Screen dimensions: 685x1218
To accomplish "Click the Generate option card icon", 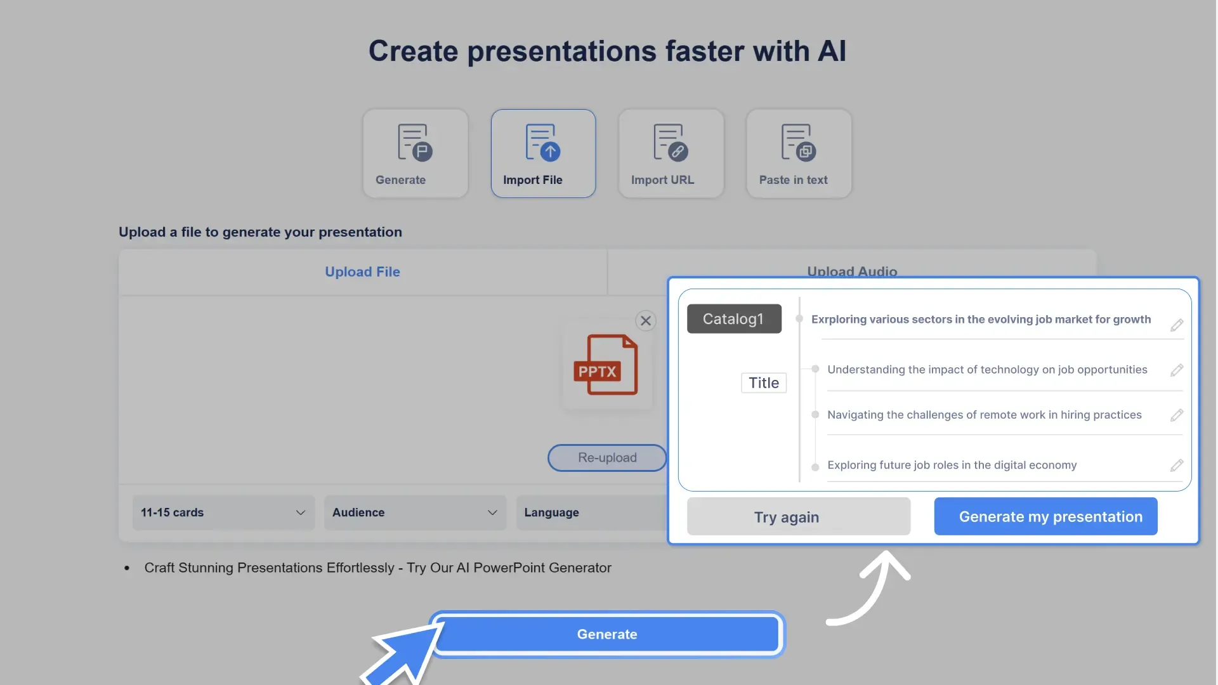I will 415,142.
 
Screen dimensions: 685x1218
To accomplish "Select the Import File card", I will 543,153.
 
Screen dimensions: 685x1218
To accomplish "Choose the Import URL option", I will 671,153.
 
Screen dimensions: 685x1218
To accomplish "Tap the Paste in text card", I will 799,153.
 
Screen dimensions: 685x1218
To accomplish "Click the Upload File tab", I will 362,271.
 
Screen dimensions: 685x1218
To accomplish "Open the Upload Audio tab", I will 851,270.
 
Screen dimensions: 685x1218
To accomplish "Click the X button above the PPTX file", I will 646,321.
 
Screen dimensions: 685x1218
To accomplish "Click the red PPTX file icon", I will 606,365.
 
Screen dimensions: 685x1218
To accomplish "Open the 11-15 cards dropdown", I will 223,512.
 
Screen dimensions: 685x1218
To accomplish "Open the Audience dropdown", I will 415,512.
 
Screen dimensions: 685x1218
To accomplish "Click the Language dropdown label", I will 551,512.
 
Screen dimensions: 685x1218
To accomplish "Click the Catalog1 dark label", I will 734,319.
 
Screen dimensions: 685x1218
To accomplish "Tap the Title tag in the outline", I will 763,383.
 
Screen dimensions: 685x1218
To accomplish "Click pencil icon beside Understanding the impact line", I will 1177,370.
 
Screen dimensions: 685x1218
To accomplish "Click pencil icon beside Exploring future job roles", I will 1177,466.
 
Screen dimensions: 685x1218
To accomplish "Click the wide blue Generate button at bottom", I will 606,634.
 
